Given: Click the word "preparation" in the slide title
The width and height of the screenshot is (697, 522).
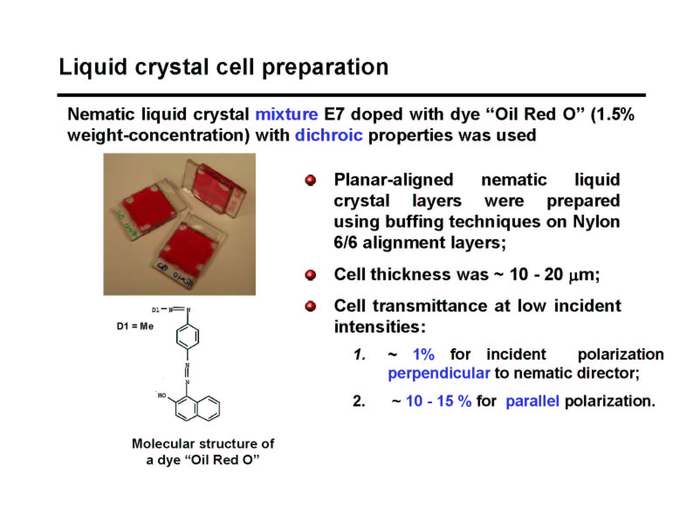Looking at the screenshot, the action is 325,68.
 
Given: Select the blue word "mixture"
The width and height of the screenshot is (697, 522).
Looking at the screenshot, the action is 286,114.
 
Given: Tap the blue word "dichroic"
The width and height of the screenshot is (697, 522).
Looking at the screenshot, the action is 329,135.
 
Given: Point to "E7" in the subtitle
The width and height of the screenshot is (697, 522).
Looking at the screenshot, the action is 334,114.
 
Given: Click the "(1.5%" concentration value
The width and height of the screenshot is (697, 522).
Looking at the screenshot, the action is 612,114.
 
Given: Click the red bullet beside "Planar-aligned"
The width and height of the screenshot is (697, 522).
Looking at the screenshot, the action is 310,180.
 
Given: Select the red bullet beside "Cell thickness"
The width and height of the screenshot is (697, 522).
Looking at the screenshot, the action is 310,275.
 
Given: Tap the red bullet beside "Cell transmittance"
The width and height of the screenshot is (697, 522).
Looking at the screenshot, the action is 310,306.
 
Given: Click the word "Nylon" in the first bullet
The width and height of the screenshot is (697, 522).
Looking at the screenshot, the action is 596,222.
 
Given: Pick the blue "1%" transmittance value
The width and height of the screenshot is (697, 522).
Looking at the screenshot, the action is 424,354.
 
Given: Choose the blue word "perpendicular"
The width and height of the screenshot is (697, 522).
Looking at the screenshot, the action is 439,374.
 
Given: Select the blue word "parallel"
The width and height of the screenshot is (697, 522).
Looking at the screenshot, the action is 532,401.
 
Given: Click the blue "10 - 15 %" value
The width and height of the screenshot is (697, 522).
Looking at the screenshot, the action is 439,401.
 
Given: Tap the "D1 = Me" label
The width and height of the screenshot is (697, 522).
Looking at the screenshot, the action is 135,326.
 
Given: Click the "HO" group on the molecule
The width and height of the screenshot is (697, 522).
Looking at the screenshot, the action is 161,395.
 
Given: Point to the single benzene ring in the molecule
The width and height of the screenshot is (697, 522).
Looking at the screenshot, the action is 188,337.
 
